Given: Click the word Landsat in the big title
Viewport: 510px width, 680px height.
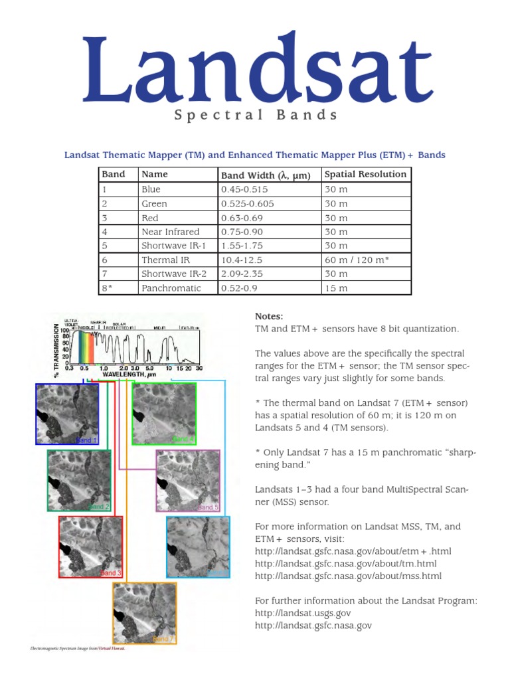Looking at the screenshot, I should [x=258, y=70].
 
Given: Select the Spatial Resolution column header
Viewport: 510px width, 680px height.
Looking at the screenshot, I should [x=365, y=174].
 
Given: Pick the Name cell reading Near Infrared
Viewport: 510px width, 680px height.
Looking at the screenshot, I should [x=170, y=232].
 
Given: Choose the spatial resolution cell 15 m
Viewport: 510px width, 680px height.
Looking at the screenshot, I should [x=335, y=288].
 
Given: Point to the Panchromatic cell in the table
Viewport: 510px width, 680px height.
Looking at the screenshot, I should [x=171, y=288].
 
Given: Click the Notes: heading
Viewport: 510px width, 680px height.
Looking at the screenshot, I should [x=269, y=316].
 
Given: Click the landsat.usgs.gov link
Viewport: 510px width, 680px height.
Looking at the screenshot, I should [x=303, y=613].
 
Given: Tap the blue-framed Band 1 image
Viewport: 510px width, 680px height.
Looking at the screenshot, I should [x=66, y=414].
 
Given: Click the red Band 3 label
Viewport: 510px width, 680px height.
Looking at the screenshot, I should [x=110, y=572].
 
